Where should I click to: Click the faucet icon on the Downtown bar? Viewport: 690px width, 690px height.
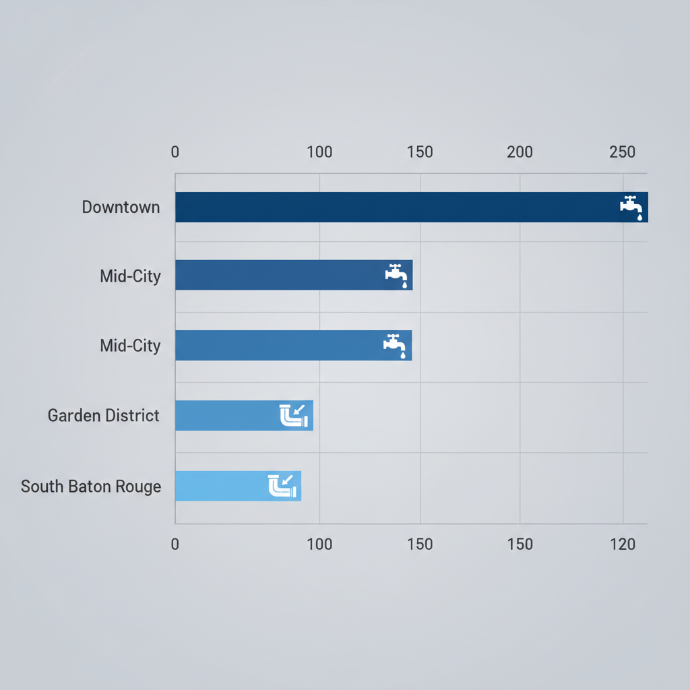tap(631, 207)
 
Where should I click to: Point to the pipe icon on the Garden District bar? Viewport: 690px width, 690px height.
tap(293, 415)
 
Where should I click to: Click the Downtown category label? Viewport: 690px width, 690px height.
tap(121, 207)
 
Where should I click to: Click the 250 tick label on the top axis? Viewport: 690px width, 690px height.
tap(623, 152)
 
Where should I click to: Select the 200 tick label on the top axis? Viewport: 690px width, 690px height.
tap(520, 152)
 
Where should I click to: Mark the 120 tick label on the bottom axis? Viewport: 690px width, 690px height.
tap(623, 544)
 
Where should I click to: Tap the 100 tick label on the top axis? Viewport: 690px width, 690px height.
tap(319, 152)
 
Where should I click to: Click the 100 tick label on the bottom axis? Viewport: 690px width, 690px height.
tap(319, 544)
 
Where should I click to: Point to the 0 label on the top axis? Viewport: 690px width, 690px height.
tap(175, 152)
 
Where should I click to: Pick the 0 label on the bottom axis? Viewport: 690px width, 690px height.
tap(175, 544)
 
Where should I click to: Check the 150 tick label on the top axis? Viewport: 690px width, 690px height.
tap(420, 152)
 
